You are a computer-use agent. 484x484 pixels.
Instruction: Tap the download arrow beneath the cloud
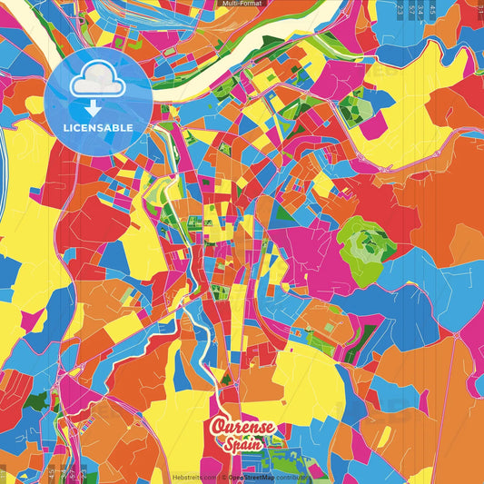click(93, 107)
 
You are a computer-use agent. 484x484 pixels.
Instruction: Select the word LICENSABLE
click(98, 127)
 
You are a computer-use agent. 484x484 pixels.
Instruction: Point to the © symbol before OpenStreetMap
click(225, 477)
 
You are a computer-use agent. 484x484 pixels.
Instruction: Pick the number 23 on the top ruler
click(400, 7)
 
